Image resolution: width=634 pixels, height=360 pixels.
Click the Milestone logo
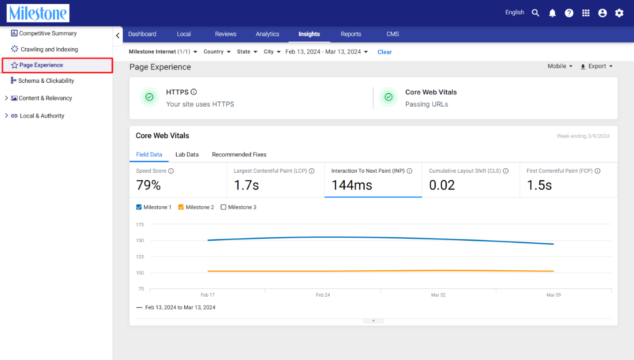pos(38,13)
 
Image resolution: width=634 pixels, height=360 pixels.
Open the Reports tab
pos(351,34)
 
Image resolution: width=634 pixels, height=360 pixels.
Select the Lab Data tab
pos(187,155)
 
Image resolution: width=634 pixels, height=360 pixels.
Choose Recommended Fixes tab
pos(239,155)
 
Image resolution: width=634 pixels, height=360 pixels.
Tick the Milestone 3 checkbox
pos(223,207)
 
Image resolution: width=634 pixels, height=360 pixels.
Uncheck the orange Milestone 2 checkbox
pos(181,207)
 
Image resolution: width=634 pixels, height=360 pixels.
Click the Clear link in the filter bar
pos(385,52)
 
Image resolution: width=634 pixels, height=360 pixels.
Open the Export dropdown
pos(596,66)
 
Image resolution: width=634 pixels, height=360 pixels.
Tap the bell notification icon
pos(552,13)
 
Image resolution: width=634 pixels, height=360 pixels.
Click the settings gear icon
pos(619,13)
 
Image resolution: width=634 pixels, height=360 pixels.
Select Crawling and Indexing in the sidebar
pos(49,49)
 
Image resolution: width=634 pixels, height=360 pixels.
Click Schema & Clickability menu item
pos(46,81)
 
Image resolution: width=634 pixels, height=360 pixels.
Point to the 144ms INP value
pos(351,185)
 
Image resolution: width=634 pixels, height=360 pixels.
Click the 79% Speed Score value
pos(148,185)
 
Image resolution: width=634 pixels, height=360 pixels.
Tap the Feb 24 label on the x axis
pos(323,294)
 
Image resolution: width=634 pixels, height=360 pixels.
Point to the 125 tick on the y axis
pos(140,257)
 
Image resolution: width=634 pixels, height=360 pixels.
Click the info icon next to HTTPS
pos(194,92)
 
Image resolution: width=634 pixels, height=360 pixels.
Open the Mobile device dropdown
pos(560,66)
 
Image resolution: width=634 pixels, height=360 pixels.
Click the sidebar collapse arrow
pos(118,35)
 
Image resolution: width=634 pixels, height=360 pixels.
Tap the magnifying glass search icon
pos(535,13)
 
